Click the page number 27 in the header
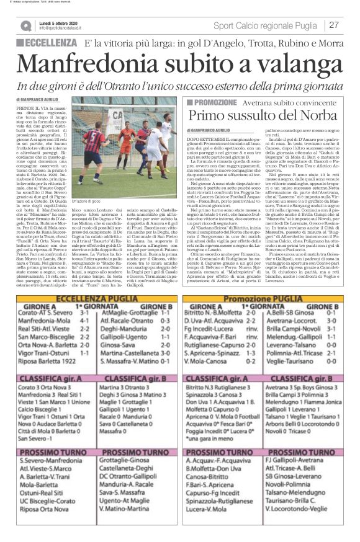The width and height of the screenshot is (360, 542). tap(334, 25)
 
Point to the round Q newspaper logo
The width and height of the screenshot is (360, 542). tap(25, 26)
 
